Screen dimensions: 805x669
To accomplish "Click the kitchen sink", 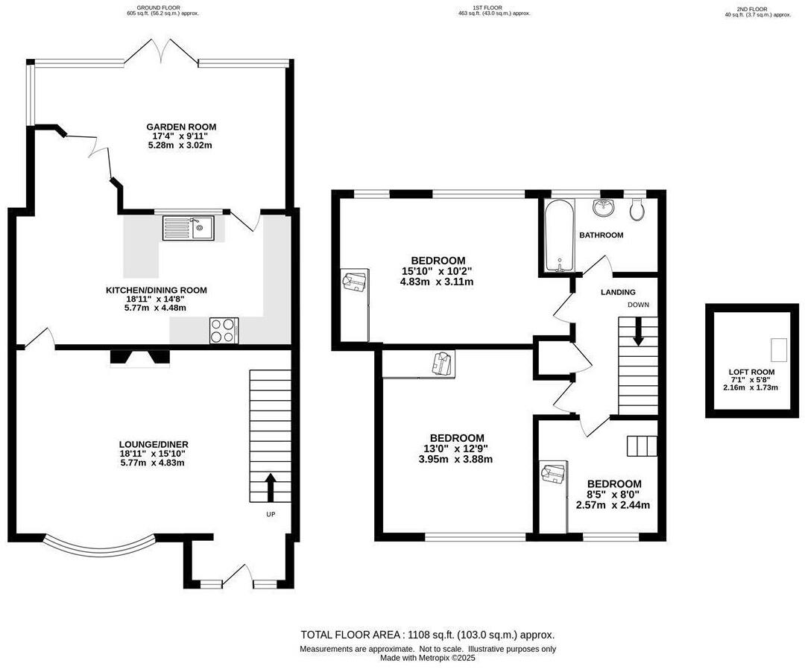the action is click(x=189, y=228).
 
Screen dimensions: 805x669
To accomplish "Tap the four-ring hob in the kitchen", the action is click(x=224, y=330).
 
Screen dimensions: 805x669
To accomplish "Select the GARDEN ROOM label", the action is click(x=181, y=127).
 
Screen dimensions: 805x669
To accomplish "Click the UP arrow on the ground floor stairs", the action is click(x=270, y=487).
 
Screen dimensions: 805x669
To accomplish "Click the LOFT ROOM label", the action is click(x=751, y=372).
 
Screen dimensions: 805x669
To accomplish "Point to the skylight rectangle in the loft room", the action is click(x=778, y=350).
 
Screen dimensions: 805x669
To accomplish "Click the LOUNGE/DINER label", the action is click(x=154, y=444).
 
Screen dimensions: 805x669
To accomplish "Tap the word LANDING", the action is click(x=618, y=292).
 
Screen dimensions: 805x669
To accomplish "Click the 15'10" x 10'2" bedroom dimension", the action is click(x=436, y=271).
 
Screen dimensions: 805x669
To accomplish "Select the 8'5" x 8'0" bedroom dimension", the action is click(x=614, y=495).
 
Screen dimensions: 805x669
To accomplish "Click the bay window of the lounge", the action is click(x=99, y=548).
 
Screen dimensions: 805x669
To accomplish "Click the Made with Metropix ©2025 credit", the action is click(x=428, y=658).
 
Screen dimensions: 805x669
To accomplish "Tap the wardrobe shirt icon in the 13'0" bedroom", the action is click(x=443, y=364).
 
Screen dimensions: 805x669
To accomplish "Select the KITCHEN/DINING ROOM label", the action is click(x=156, y=291).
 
